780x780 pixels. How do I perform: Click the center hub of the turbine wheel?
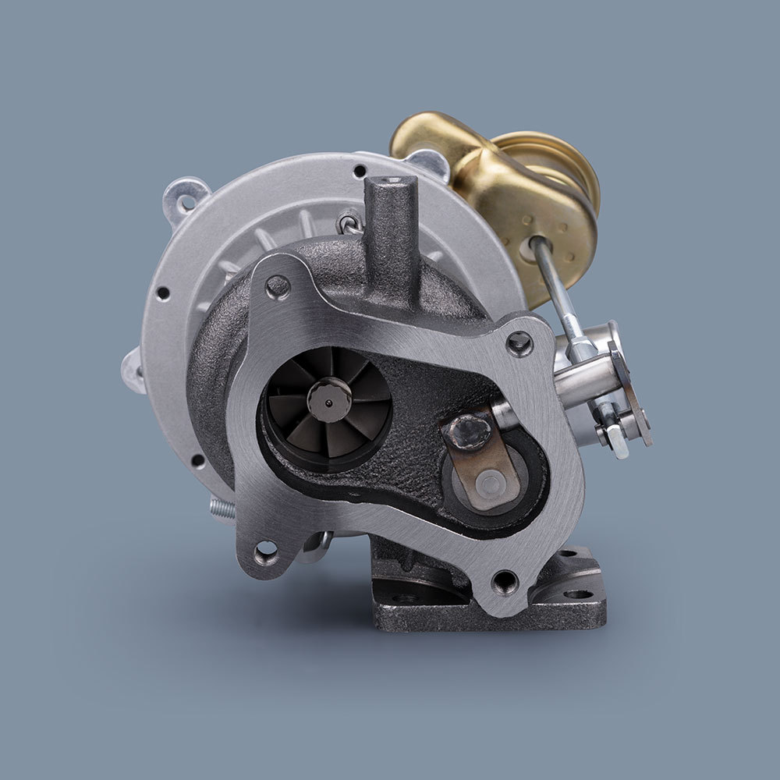[x=328, y=399]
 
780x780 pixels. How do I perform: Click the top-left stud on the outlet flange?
[x=278, y=287]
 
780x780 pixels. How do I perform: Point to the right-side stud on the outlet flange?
[x=519, y=342]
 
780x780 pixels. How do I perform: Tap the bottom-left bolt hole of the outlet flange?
[x=266, y=552]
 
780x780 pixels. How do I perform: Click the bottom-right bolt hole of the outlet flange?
[x=504, y=581]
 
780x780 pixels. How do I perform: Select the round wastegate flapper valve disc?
[x=489, y=485]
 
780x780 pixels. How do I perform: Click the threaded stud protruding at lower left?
[x=222, y=508]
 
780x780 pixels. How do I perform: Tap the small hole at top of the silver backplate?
[x=359, y=171]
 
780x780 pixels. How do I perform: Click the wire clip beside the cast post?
[x=349, y=225]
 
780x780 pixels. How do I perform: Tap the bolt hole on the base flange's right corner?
[x=578, y=594]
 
